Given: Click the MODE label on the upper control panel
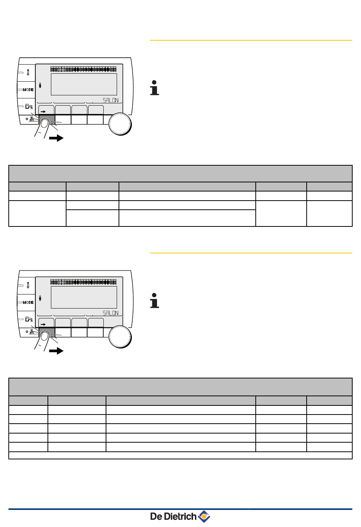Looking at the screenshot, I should pyautogui.click(x=28, y=90).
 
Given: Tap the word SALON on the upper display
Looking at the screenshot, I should pyautogui.click(x=111, y=100).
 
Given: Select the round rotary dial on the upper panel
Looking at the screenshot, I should pyautogui.click(x=120, y=124).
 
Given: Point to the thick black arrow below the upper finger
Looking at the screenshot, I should pyautogui.click(x=56, y=138).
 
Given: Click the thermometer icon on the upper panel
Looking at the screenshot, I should pyautogui.click(x=28, y=72).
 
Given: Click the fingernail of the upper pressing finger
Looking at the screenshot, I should pyautogui.click(x=44, y=123).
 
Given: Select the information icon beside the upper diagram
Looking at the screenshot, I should pyautogui.click(x=154, y=88).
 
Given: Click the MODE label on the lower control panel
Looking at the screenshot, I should pyautogui.click(x=28, y=302).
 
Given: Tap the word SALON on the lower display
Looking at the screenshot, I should pyautogui.click(x=111, y=313).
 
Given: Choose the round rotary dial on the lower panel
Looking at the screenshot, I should pyautogui.click(x=120, y=337).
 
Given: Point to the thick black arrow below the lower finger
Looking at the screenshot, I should pyautogui.click(x=56, y=351).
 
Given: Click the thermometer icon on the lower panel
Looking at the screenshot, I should pyautogui.click(x=28, y=285).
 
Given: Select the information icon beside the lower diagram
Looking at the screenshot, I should pyautogui.click(x=154, y=301).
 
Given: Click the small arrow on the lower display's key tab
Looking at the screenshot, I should pyautogui.click(x=43, y=324).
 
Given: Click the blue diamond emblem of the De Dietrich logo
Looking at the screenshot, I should pyautogui.click(x=204, y=517).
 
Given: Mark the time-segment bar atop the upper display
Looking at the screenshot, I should pyautogui.click(x=84, y=70).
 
